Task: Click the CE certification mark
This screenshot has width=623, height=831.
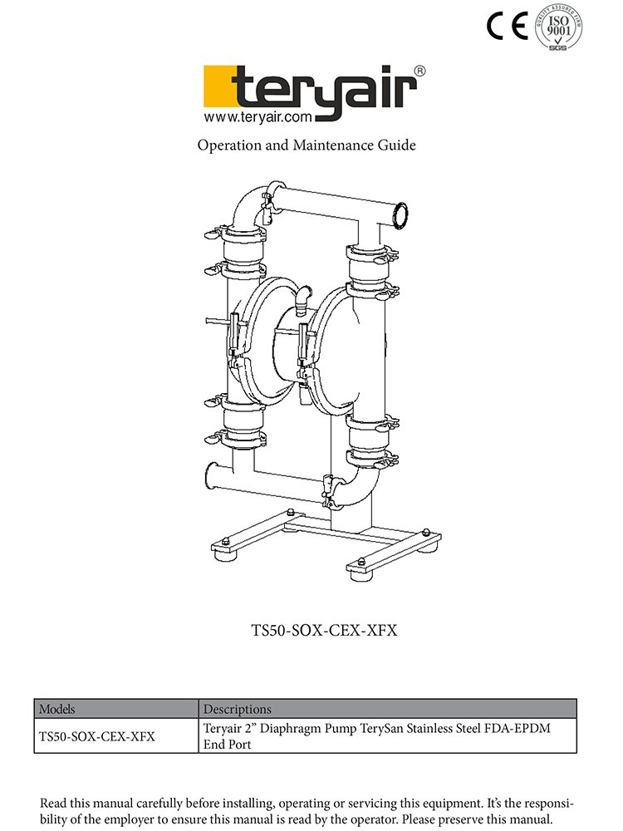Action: [x=507, y=26]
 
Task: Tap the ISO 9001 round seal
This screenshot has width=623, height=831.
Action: [x=558, y=27]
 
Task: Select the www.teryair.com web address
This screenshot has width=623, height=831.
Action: [x=258, y=116]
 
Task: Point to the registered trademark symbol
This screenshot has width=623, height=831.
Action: [x=419, y=71]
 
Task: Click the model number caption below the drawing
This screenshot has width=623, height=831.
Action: [x=324, y=630]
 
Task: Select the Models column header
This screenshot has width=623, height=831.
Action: [x=57, y=709]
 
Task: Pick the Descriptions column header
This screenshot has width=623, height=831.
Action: [x=238, y=709]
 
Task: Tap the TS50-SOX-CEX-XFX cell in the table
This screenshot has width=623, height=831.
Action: [x=97, y=736]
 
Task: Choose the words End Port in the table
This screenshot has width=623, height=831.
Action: [x=228, y=745]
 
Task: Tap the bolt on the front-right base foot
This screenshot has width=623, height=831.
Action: [x=361, y=561]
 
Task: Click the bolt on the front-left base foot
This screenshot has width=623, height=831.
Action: [x=225, y=541]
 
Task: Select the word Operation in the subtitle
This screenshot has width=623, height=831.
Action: [x=229, y=145]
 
